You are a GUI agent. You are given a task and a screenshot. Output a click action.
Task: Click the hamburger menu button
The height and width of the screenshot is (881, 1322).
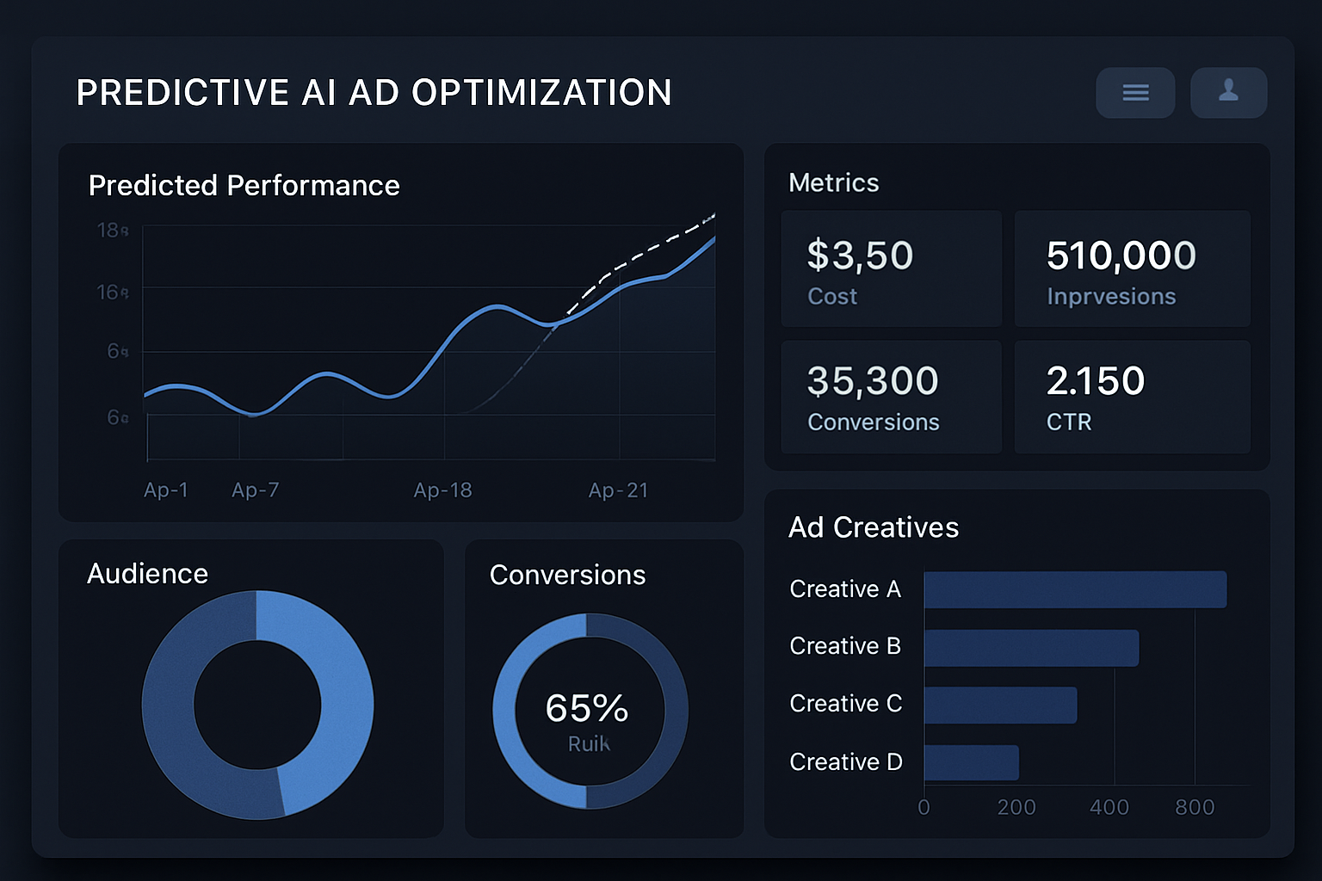(x=1135, y=93)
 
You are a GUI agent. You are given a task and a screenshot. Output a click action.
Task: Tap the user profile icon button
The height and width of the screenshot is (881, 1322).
(x=1228, y=92)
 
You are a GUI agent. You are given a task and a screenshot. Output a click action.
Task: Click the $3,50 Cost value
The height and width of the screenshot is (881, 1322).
(x=860, y=256)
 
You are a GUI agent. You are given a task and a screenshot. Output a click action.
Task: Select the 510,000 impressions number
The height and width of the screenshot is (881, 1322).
(x=1121, y=256)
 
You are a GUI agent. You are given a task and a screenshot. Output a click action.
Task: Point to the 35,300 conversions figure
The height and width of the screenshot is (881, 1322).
(x=872, y=381)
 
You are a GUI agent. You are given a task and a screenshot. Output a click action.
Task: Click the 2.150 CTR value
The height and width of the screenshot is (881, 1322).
(x=1095, y=381)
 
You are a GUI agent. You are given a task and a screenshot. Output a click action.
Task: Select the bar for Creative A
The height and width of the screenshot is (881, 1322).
(x=1074, y=590)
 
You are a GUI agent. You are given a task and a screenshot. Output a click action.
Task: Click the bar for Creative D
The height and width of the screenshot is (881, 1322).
(x=971, y=763)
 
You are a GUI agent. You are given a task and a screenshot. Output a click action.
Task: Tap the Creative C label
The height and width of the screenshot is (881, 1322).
(x=845, y=704)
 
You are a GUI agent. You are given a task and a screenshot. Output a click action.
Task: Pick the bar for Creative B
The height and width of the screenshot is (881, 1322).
(x=1030, y=648)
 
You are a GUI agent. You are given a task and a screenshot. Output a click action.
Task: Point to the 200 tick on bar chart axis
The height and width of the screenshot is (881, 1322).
(x=1016, y=808)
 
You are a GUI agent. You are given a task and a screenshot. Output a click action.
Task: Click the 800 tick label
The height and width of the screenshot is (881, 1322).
(x=1195, y=808)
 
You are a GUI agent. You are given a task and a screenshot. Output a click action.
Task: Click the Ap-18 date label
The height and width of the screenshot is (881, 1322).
(x=442, y=490)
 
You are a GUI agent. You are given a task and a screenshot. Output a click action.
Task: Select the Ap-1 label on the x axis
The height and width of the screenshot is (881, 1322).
(x=165, y=490)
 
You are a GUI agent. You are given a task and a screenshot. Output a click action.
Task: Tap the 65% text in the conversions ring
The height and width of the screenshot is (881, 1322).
(x=586, y=709)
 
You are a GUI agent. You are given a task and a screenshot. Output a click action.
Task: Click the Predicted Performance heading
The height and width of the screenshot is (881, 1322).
(x=244, y=186)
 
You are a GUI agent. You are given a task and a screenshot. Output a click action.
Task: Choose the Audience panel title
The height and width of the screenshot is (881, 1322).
(x=147, y=574)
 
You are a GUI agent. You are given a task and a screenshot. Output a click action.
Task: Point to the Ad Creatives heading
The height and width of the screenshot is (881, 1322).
(x=873, y=527)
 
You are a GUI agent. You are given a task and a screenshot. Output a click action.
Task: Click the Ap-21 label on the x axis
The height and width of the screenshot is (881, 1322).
(x=618, y=490)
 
